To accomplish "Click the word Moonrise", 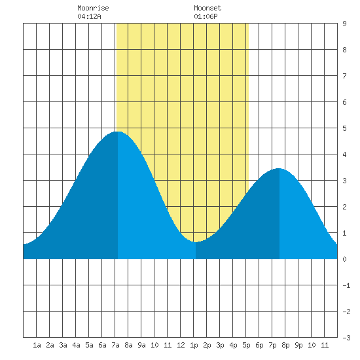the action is point(93,8).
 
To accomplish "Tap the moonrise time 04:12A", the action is point(89,16).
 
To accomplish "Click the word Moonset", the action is point(207,8).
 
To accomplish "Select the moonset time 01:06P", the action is point(206,16).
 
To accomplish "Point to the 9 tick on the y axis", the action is point(344,24).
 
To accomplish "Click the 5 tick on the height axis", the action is point(344,128).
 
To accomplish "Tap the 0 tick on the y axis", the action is point(344,259).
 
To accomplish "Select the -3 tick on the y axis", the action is point(346,338).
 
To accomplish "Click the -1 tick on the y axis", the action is point(346,285).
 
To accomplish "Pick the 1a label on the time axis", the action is point(37,345).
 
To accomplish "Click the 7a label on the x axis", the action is point(115,345).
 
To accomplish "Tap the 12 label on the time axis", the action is point(181,345).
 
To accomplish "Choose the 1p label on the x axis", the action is point(194,345).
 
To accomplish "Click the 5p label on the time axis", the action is point(246,345).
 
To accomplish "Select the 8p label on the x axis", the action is point(285,345).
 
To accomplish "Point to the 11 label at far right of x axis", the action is point(325,345).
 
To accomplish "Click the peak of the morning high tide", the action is point(118,132).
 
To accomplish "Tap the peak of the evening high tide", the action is point(278,168).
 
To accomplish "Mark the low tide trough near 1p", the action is point(195,242).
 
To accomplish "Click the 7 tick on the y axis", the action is point(344,76).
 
